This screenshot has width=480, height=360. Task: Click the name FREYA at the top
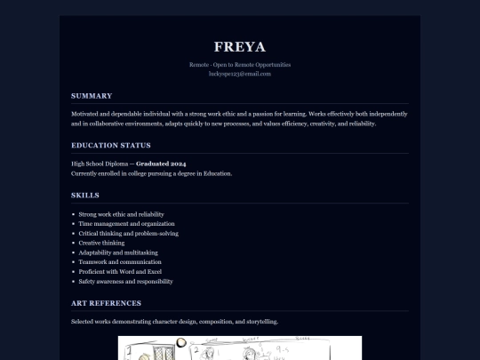point(240,46)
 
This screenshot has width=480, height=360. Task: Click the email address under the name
point(240,74)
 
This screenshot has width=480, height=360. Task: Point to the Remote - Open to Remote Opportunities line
point(240,65)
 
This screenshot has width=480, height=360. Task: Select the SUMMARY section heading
point(92,95)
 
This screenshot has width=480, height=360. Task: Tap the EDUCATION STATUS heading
point(111,145)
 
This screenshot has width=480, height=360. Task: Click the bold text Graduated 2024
point(161,164)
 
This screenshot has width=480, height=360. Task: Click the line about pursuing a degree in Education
point(151,173)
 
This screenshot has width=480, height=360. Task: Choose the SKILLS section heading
point(85,195)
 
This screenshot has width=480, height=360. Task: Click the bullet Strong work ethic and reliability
point(121,214)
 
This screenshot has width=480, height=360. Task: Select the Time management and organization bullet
point(126,224)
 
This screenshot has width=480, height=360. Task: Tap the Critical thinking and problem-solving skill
point(128,234)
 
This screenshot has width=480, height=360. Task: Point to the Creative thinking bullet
point(101,243)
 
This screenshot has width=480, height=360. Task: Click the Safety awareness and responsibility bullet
point(125,281)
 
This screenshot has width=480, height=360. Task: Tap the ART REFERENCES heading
point(105,303)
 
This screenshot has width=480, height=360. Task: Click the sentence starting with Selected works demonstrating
point(174,321)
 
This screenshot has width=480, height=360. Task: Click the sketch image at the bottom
point(240,348)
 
